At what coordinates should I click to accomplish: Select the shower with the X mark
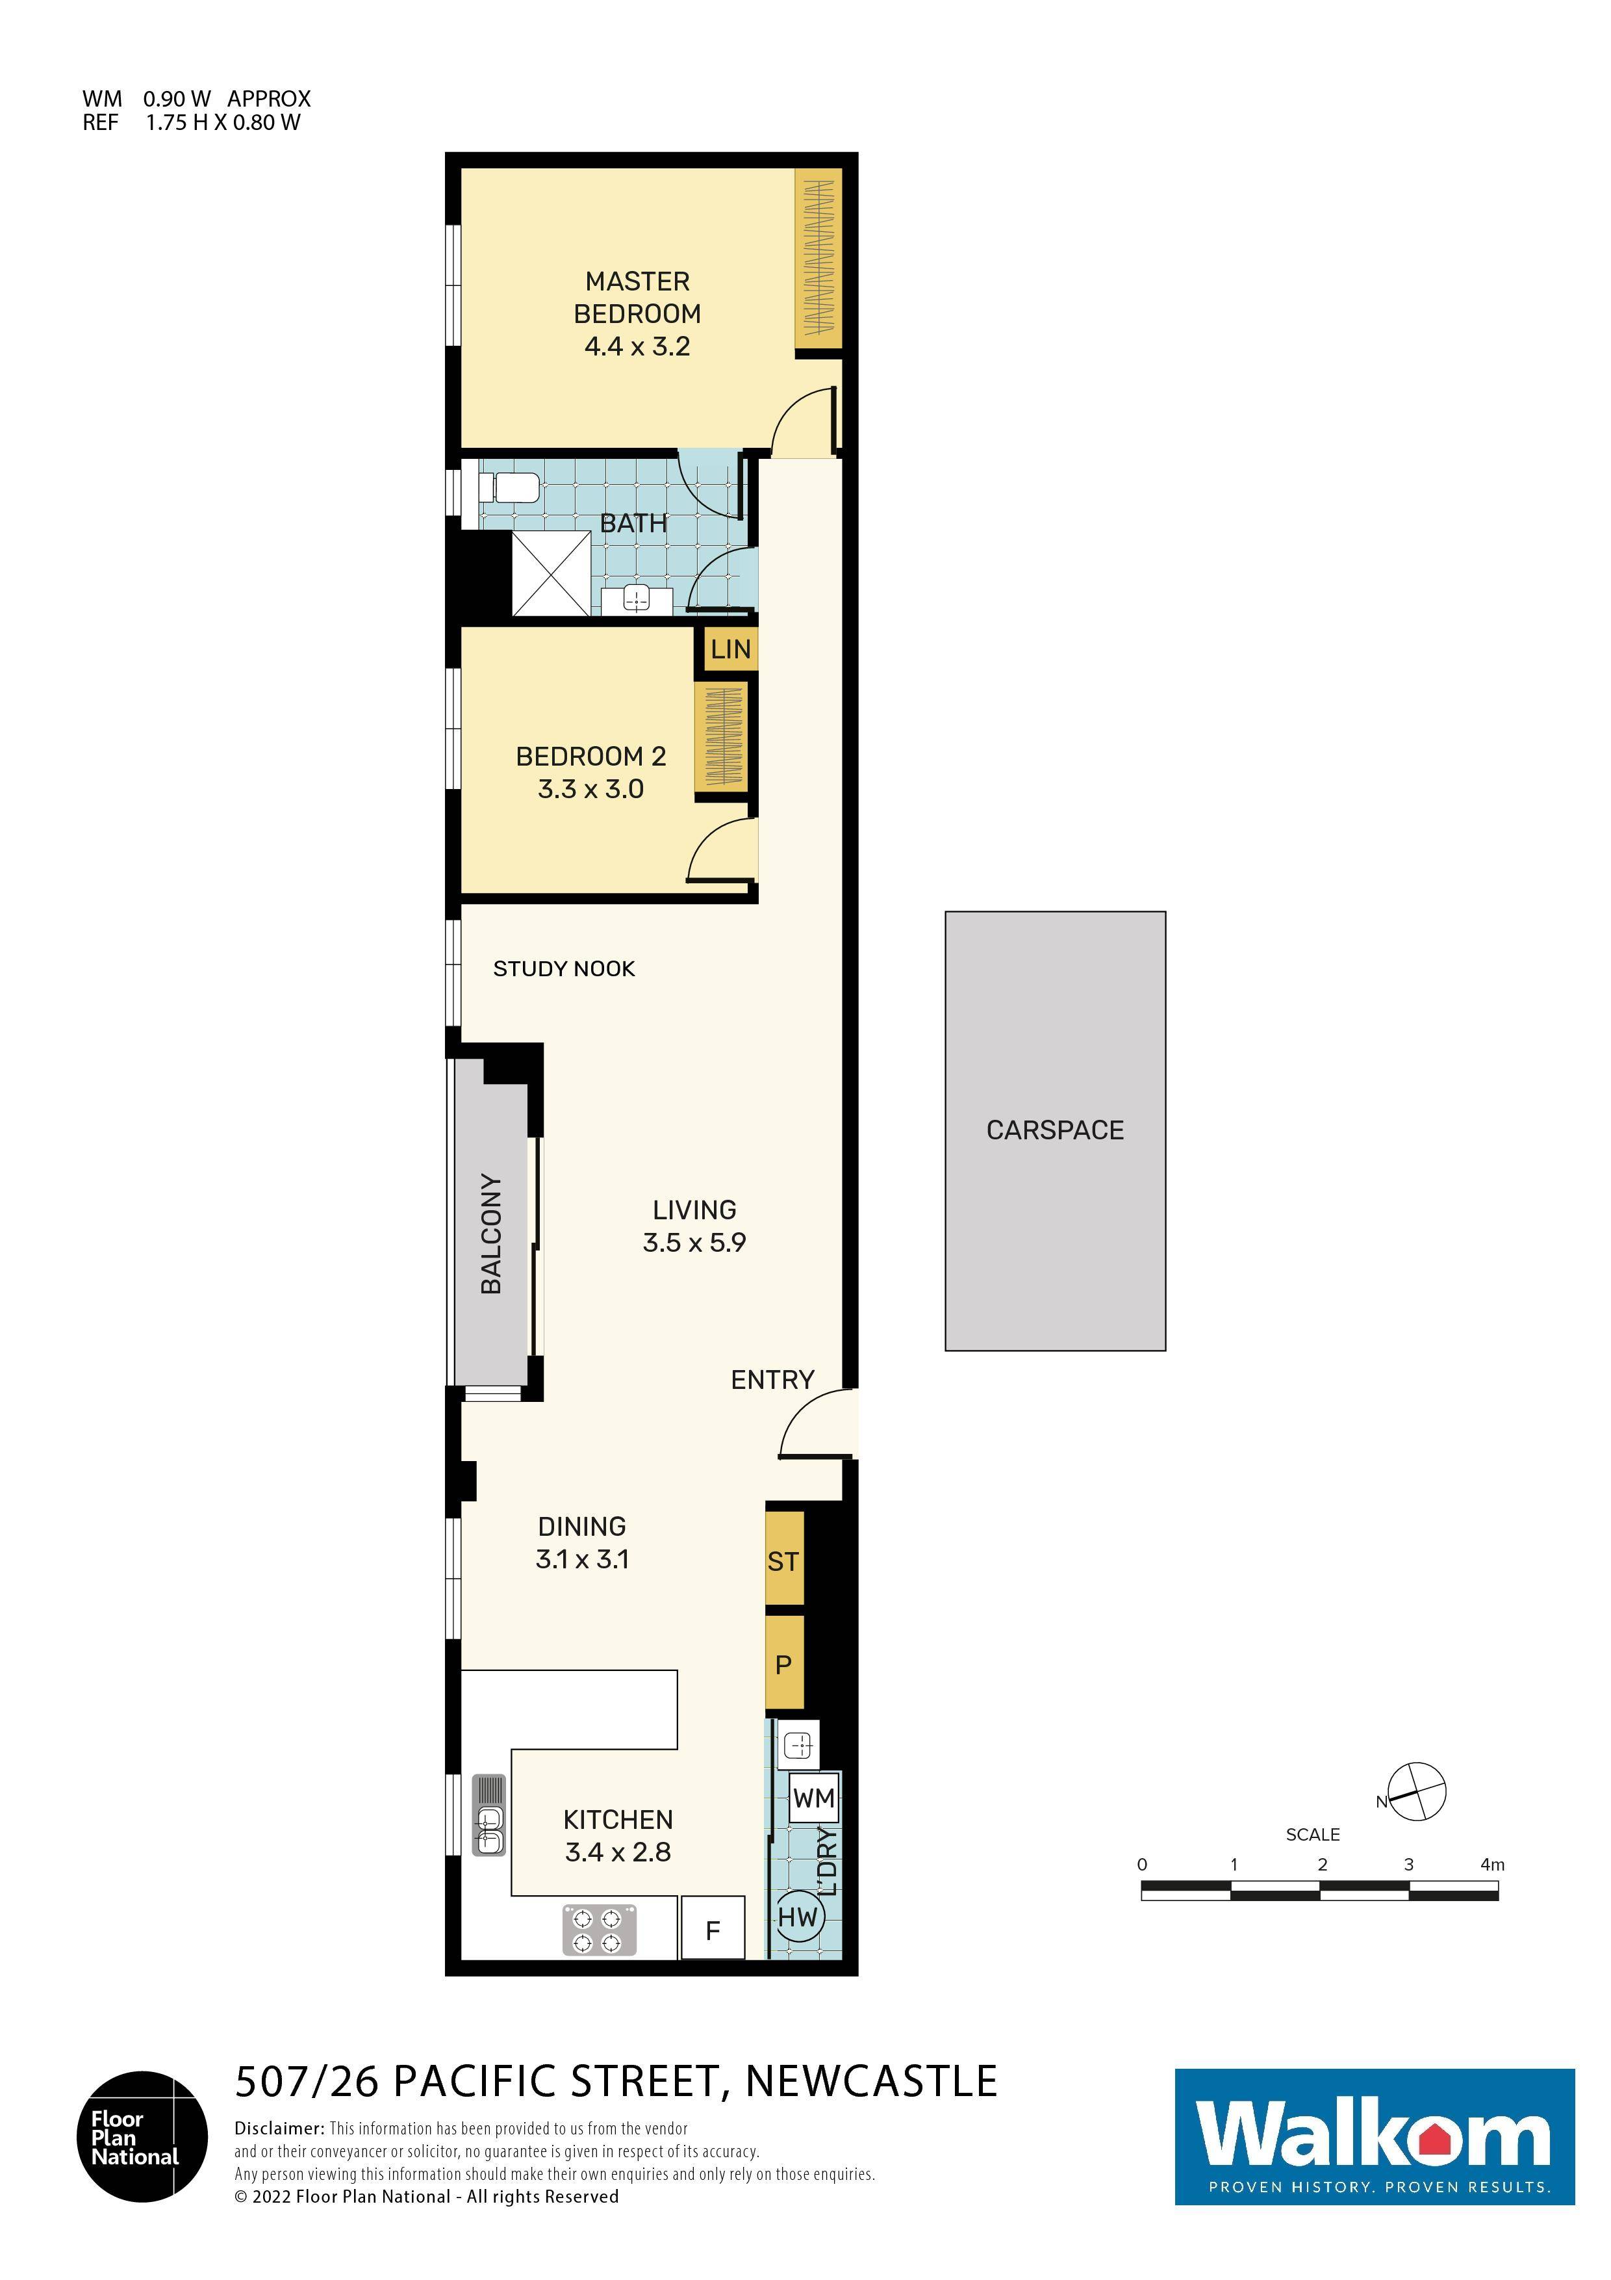pos(551,574)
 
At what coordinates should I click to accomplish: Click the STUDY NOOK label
pos(564,969)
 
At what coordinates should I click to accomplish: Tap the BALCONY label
pos(491,1234)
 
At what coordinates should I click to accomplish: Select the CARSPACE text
pos(1054,1130)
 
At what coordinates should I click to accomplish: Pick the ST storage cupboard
pos(783,1562)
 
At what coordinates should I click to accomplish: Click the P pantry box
pos(783,1665)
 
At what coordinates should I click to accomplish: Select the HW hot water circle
pos(797,1917)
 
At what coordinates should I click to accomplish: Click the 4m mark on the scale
pos(1492,1865)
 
